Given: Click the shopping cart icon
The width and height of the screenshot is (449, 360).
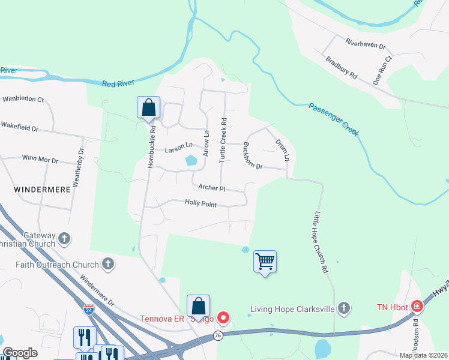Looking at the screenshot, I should [265, 262].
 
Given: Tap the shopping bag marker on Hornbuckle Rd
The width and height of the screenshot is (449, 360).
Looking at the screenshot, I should [148, 108].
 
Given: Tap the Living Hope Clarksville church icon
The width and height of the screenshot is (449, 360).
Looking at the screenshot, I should [343, 309].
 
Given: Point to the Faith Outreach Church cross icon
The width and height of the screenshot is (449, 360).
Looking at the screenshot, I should [108, 264].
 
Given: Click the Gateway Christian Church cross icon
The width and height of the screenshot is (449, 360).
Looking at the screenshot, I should [64, 240].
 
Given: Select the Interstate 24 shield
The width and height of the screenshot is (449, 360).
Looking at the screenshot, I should [88, 310].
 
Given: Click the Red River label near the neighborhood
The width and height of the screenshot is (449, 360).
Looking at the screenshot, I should [116, 83].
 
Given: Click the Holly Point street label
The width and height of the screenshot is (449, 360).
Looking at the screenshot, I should [200, 204].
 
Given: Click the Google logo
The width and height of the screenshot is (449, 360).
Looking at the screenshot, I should [20, 353].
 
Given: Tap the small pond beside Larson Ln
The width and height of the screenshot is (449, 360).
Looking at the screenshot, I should [191, 160].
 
